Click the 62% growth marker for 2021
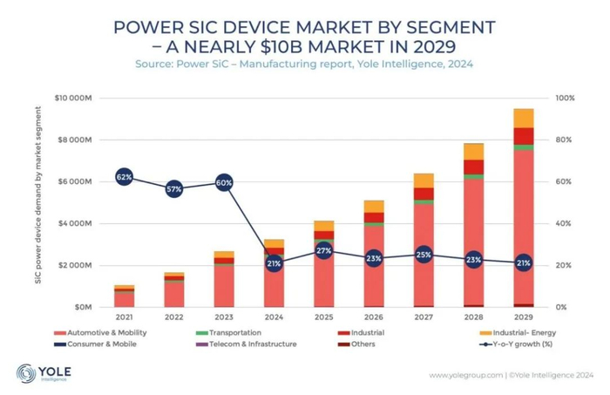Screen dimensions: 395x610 tap(124, 178)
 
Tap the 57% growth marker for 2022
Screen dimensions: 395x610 tap(174, 188)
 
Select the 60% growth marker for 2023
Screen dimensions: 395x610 tap(224, 182)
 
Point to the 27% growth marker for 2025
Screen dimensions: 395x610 tap(324, 250)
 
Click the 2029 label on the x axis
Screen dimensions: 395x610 tap(523, 319)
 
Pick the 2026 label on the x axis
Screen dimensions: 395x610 tap(374, 319)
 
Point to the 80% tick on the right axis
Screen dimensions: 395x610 tap(566, 140)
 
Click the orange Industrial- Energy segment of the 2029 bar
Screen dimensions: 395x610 tap(523, 118)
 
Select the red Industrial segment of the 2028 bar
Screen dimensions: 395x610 tap(473, 167)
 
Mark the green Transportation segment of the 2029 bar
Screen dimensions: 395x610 tap(523, 147)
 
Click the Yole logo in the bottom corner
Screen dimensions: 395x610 tap(44, 374)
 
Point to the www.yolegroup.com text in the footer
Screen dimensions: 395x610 tap(465, 376)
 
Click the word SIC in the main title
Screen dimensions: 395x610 tap(217, 28)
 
